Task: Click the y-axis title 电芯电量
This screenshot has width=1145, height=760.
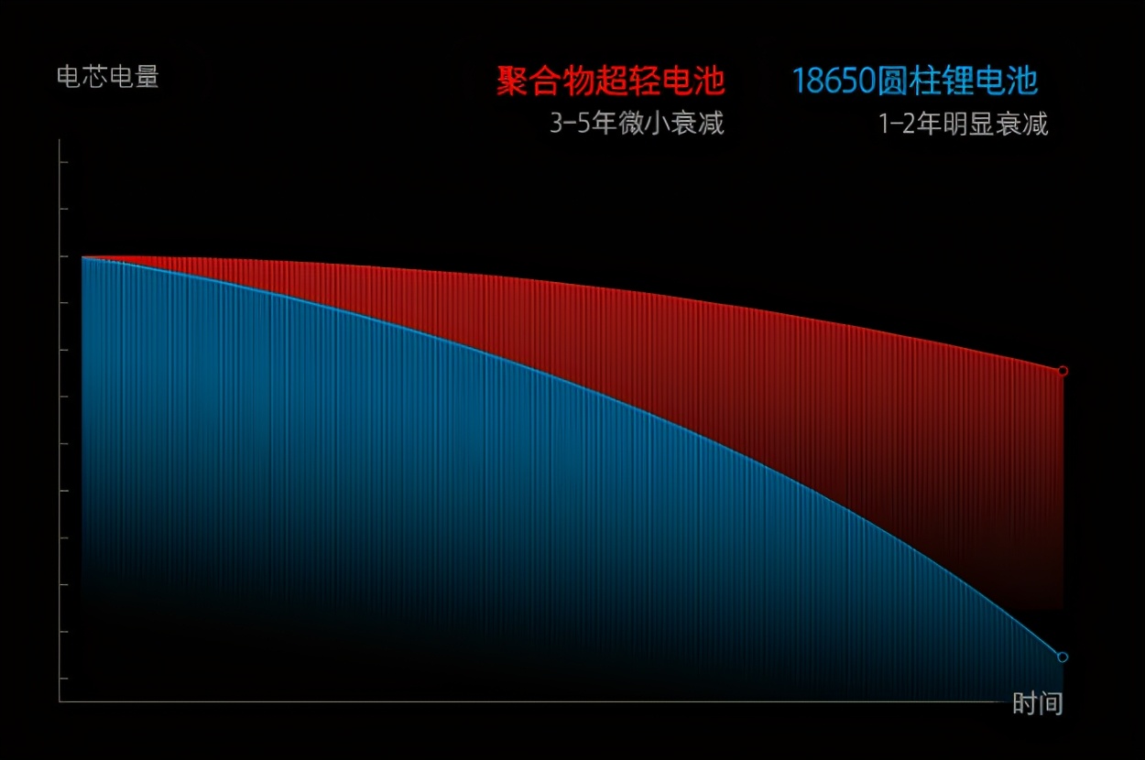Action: (x=108, y=77)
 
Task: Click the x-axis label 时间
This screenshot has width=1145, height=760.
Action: (x=1037, y=703)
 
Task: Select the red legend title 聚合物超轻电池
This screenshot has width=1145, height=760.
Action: (x=611, y=81)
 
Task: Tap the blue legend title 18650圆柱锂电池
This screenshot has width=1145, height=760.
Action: (x=915, y=81)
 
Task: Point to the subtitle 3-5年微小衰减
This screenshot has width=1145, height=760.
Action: (x=637, y=124)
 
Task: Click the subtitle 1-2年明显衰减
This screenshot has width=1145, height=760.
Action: (x=964, y=124)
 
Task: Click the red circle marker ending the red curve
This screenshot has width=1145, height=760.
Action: (x=1063, y=371)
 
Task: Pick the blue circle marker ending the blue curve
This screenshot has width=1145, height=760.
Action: (x=1063, y=657)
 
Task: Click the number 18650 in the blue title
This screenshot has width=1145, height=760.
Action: (x=834, y=81)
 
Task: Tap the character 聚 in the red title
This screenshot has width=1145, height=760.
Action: (x=511, y=81)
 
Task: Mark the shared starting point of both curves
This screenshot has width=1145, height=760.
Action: (x=82, y=257)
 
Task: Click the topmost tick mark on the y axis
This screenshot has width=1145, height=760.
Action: (x=64, y=162)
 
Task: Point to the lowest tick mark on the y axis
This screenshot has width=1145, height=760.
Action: (x=64, y=679)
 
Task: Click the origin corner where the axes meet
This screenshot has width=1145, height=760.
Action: (x=60, y=702)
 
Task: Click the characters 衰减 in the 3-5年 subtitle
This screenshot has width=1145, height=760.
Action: (x=697, y=124)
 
